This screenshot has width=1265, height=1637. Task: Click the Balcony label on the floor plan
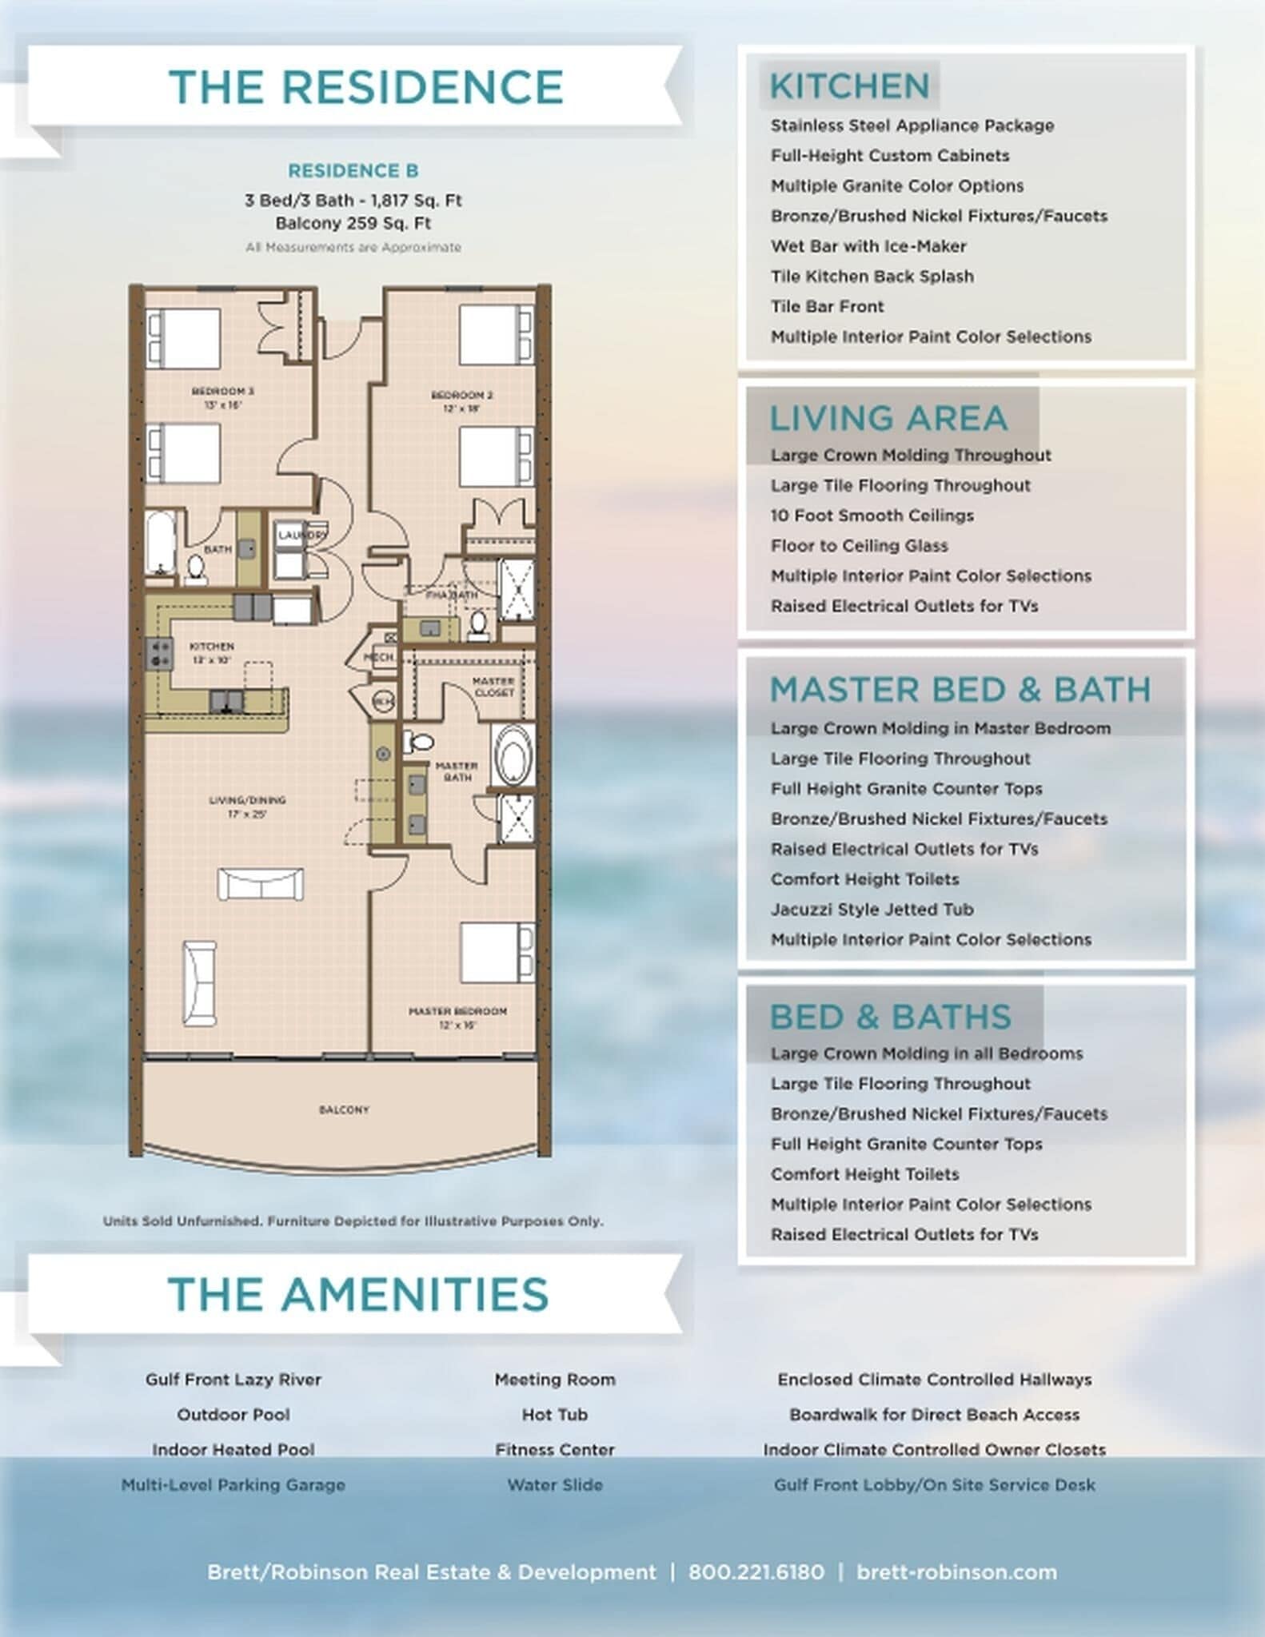344,1109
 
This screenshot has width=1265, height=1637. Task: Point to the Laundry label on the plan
301,535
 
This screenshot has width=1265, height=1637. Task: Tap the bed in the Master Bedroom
496,952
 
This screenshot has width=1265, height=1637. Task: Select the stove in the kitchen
159,653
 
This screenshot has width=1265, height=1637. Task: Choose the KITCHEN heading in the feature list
849,86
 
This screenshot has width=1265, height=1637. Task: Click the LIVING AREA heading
888,418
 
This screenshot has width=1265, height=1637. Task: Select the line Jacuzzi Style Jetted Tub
872,909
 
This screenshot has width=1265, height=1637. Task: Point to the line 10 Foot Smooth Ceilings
872,516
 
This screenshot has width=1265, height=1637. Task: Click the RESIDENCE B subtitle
353,171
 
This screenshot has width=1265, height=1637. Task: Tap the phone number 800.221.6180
756,1572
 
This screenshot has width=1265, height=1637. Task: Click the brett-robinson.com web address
956,1572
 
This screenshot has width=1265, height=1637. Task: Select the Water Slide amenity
554,1485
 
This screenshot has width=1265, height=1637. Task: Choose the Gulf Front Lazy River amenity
233,1380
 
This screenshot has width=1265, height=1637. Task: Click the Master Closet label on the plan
493,687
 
